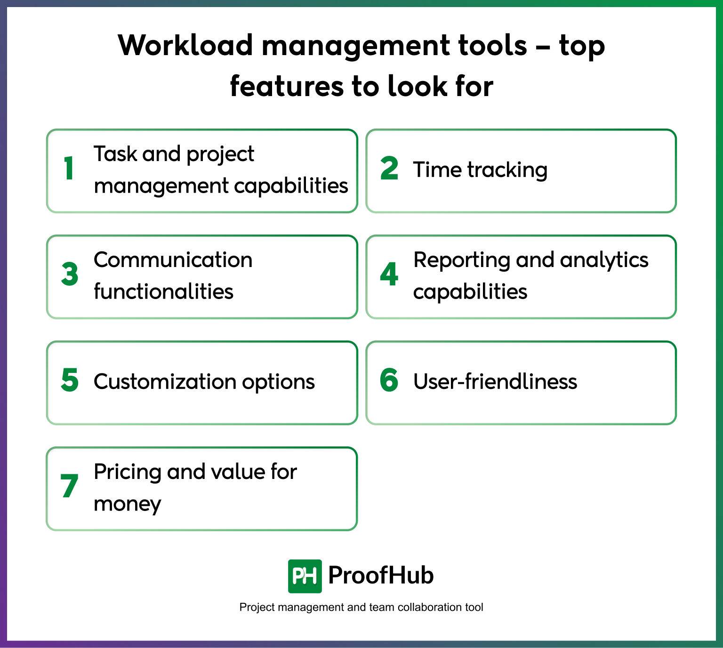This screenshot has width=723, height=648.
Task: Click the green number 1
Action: point(69,168)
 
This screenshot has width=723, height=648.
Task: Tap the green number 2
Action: point(389,169)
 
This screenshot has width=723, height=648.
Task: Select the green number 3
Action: point(70,274)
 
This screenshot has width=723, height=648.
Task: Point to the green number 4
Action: point(389,274)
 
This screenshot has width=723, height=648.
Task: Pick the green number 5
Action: point(70,380)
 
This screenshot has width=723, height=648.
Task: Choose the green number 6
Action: point(389,380)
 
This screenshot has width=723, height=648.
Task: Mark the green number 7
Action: point(69,486)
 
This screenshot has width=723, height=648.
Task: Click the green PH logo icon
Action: point(305,576)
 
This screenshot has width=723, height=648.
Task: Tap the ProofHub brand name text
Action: point(381,575)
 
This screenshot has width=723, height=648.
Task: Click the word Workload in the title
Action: point(185,46)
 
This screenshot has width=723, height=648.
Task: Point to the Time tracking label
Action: point(480,170)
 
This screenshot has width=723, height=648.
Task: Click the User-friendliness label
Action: point(495,381)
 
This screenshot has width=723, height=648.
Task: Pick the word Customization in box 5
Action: point(165,381)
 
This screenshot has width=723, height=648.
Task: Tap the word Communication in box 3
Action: point(173,260)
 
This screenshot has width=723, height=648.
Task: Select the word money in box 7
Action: point(127,504)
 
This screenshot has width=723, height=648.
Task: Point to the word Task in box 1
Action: point(115,154)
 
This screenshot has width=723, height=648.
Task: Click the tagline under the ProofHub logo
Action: point(361,607)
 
